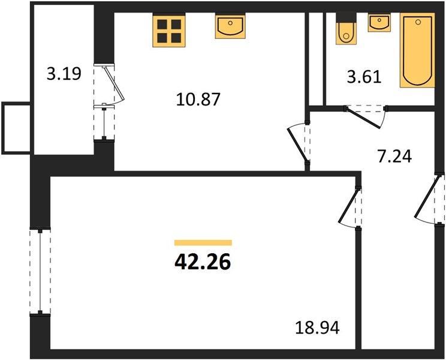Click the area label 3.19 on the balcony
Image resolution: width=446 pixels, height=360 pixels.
pyautogui.click(x=64, y=74)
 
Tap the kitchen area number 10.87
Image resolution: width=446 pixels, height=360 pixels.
pyautogui.click(x=198, y=100)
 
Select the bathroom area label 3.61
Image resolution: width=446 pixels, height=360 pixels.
pyautogui.click(x=364, y=77)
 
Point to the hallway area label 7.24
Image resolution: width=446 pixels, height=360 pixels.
pyautogui.click(x=394, y=156)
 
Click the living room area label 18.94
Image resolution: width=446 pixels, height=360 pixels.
pyautogui.click(x=317, y=328)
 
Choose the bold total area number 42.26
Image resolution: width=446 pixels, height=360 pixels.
pyautogui.click(x=203, y=262)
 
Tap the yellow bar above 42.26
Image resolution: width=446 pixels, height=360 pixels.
pyautogui.click(x=203, y=243)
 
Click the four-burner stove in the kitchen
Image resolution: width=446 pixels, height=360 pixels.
pyautogui.click(x=169, y=31)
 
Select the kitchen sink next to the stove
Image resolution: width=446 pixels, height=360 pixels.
pyautogui.click(x=230, y=26)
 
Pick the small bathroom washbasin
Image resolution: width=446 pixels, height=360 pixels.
pyautogui.click(x=379, y=22)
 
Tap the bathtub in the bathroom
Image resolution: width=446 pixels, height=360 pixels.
pyautogui.click(x=417, y=50)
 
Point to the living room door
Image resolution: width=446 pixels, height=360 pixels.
pyautogui.click(x=348, y=207)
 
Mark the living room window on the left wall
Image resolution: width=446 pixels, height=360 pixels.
pyautogui.click(x=40, y=271)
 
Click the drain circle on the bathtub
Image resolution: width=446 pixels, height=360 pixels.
pyautogui.click(x=418, y=22)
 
